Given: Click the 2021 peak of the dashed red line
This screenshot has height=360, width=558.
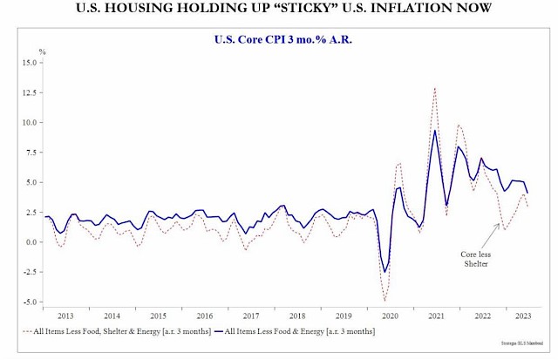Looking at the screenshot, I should [434, 87].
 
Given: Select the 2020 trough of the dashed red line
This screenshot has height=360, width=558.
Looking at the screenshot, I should [385, 301].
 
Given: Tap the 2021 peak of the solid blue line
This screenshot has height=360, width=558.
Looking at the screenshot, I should [434, 131].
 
